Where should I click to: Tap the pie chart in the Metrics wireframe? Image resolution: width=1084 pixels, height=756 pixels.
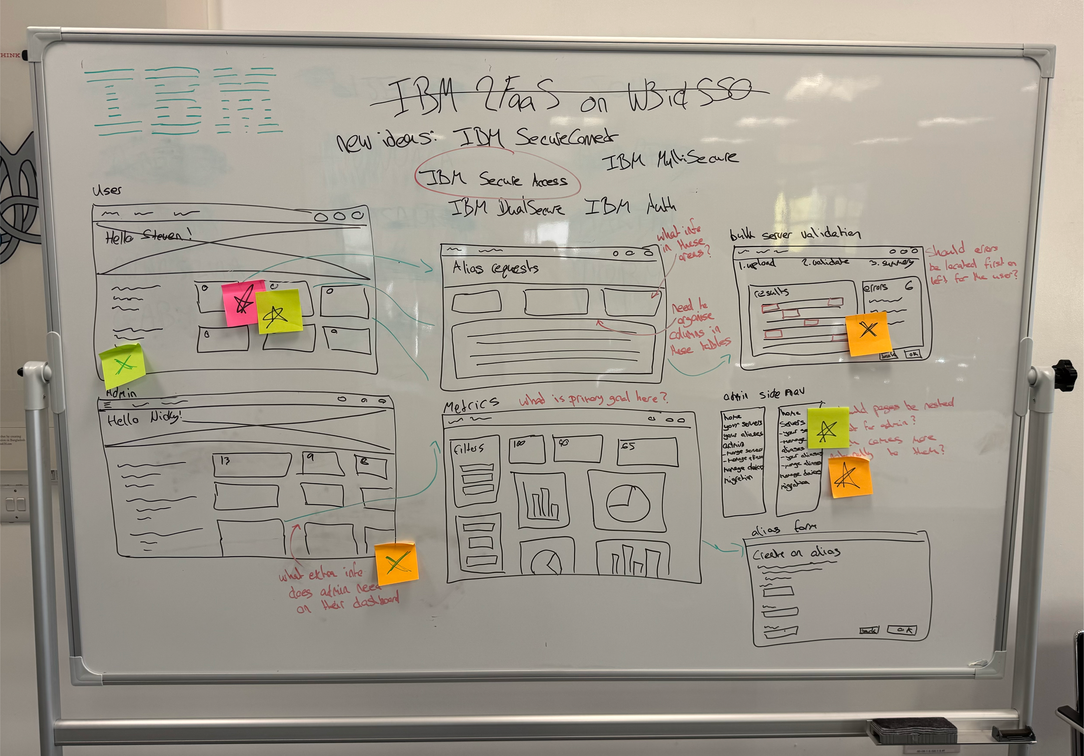pyautogui.click(x=627, y=503)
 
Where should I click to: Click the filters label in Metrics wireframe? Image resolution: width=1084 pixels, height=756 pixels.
pyautogui.click(x=468, y=448)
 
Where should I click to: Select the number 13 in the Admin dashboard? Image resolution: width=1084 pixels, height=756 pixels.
pyautogui.click(x=225, y=461)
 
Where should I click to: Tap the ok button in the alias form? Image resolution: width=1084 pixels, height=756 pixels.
pyautogui.click(x=902, y=630)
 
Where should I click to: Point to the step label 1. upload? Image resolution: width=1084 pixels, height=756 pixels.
pyautogui.click(x=757, y=264)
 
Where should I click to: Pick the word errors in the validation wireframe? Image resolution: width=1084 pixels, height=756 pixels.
pyautogui.click(x=875, y=287)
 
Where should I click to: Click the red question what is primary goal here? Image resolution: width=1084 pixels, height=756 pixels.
pyautogui.click(x=593, y=399)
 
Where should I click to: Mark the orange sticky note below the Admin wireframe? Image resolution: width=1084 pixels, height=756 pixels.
pyautogui.click(x=397, y=564)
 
